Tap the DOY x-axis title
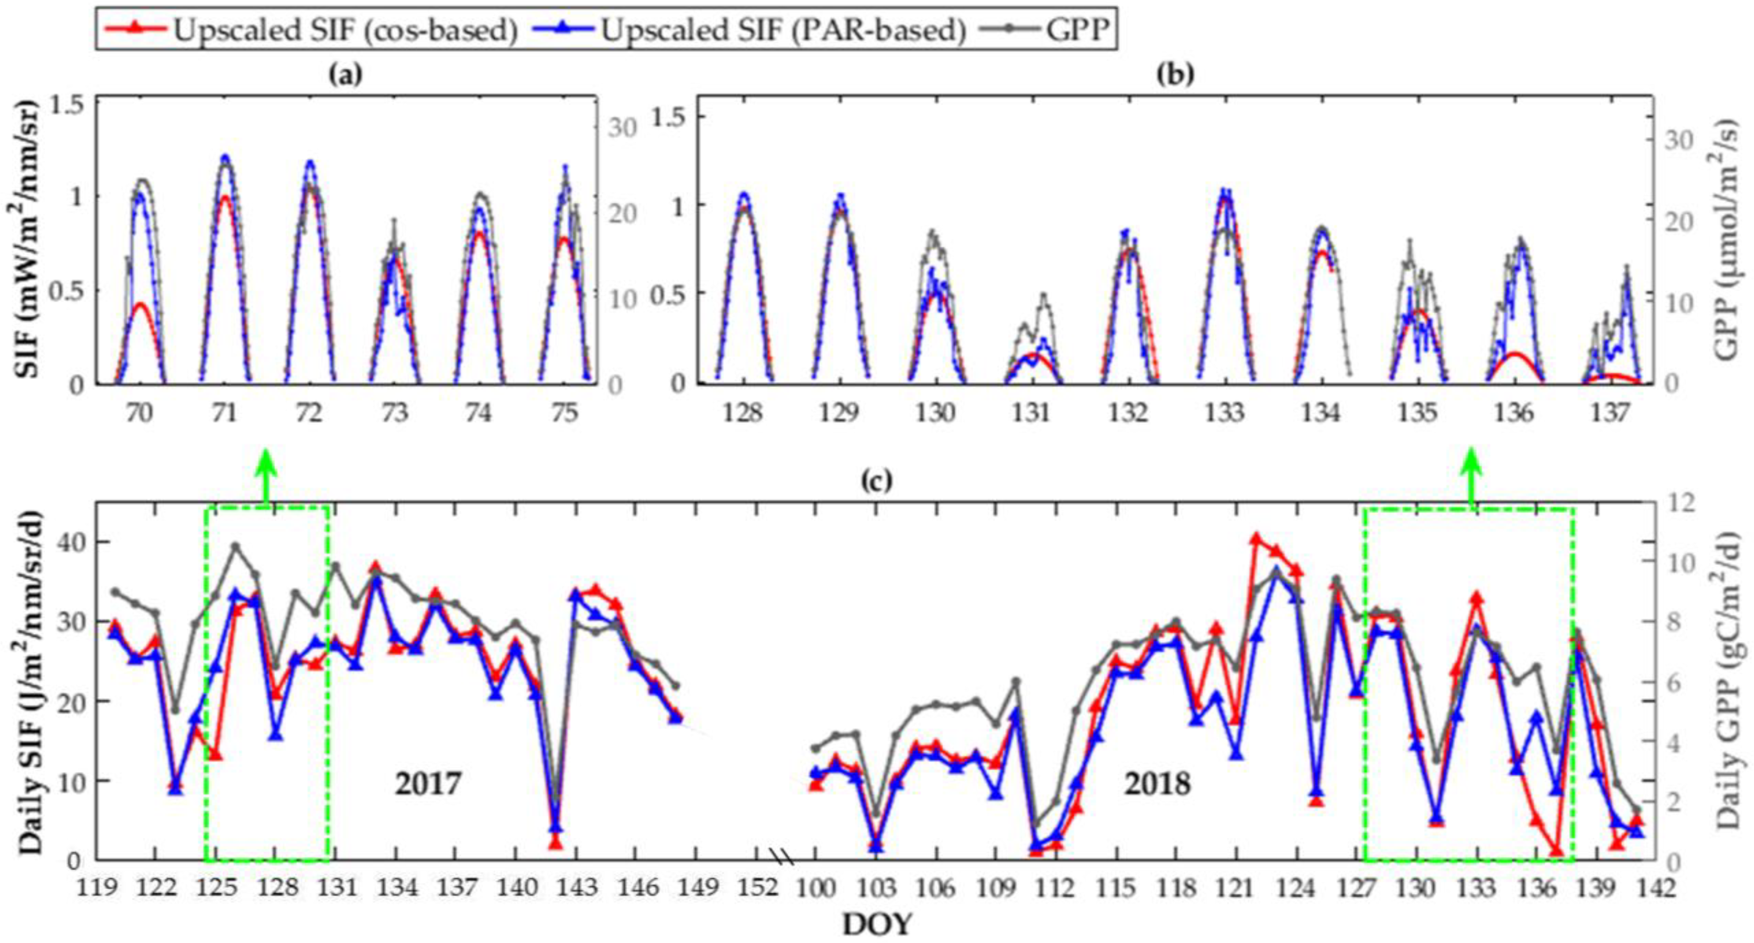(876, 924)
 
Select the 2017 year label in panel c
(428, 784)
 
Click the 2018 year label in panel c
(1157, 784)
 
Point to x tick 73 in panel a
(395, 413)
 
